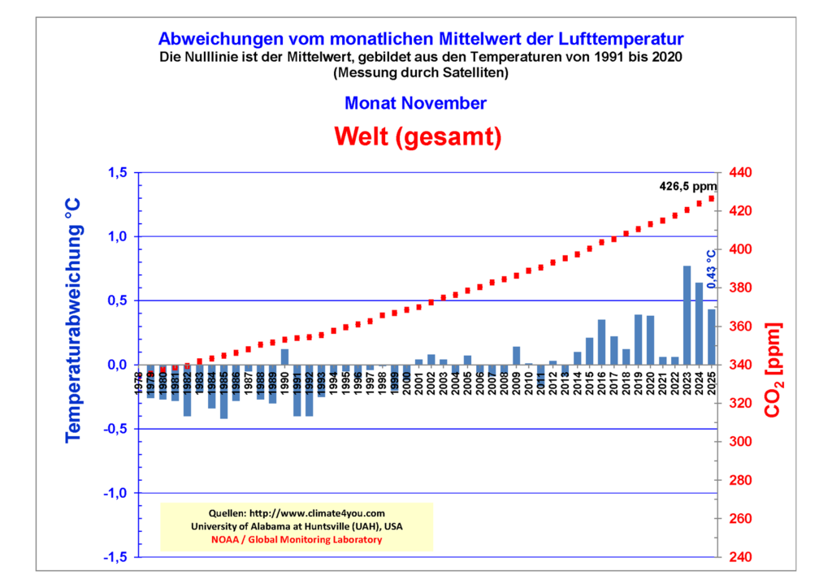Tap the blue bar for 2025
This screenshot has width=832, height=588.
712,337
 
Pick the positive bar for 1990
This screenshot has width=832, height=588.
285,357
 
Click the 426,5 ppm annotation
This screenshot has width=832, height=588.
687,186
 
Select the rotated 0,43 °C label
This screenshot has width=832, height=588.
712,269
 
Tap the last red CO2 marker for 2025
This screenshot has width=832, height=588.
712,199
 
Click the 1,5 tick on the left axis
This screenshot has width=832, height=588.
118,173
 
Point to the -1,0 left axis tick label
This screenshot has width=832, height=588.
115,493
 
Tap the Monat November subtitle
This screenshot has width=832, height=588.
415,103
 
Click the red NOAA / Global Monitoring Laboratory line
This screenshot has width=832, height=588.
297,539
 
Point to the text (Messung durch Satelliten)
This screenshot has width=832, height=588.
420,72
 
